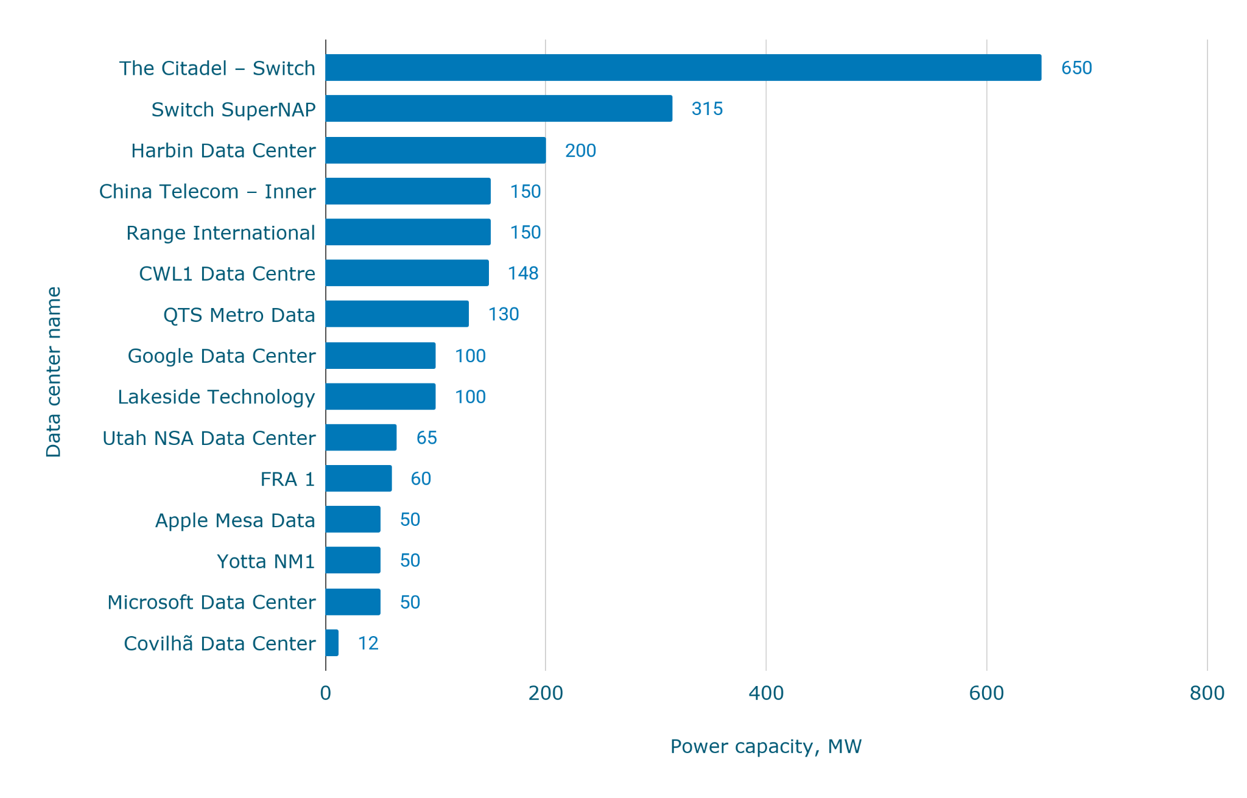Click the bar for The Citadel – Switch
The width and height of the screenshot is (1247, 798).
683,68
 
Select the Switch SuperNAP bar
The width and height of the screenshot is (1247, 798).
499,108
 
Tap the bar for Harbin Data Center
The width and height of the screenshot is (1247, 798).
435,150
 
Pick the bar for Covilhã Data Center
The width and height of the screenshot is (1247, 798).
332,643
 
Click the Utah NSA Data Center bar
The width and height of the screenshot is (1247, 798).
361,438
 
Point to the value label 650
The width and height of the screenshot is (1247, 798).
1077,68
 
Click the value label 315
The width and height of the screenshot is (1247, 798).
707,108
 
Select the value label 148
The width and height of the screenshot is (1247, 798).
523,273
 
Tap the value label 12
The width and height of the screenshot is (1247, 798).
368,643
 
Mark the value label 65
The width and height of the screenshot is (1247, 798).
426,438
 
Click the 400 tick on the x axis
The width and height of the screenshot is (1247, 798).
766,693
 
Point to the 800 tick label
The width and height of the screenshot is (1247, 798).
1207,693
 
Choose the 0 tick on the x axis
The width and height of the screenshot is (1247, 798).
326,693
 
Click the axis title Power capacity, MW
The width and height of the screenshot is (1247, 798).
766,746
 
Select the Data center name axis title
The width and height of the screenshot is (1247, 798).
54,372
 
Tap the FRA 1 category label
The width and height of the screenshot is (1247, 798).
287,479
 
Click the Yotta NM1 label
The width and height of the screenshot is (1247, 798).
266,561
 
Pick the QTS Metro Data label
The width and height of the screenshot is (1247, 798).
239,315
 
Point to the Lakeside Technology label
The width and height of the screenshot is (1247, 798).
216,397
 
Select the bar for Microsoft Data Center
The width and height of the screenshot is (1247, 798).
353,602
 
